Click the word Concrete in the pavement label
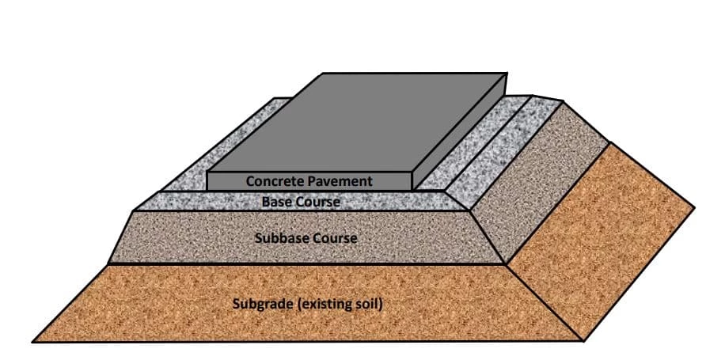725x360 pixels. coord(274,181)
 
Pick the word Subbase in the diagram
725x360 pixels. coord(279,237)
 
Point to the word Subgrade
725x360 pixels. coord(263,303)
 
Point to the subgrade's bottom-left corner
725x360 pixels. coord(33,341)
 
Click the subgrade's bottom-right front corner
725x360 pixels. coord(583,341)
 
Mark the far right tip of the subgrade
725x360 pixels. coord(694,208)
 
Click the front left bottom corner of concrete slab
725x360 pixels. coord(207,190)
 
